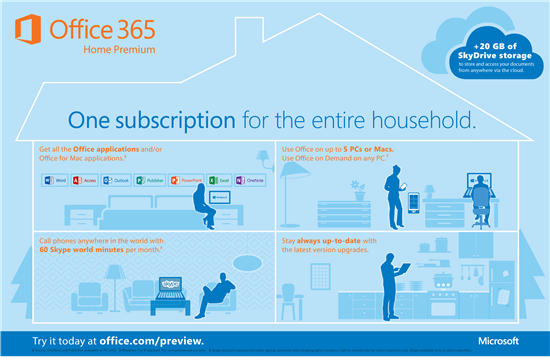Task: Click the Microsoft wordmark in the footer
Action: click(501, 341)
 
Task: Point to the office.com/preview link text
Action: click(160, 341)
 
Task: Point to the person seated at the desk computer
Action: click(478, 195)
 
